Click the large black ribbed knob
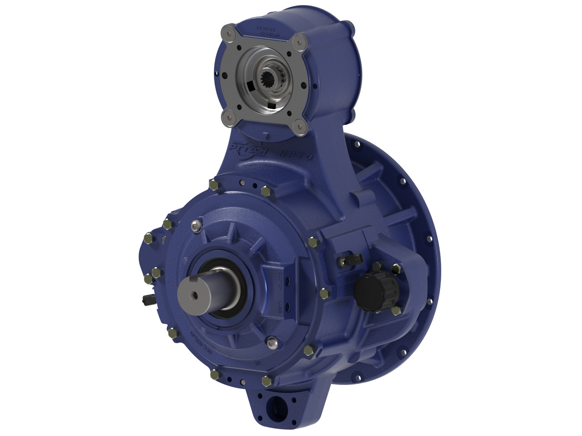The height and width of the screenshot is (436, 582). click(376, 291)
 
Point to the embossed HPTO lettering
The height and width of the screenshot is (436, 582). click(296, 154)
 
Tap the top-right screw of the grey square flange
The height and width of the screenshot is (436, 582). click(301, 42)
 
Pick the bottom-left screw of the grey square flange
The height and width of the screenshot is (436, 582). click(227, 116)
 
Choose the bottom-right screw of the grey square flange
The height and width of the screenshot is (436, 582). click(300, 127)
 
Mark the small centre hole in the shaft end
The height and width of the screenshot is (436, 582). click(194, 295)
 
